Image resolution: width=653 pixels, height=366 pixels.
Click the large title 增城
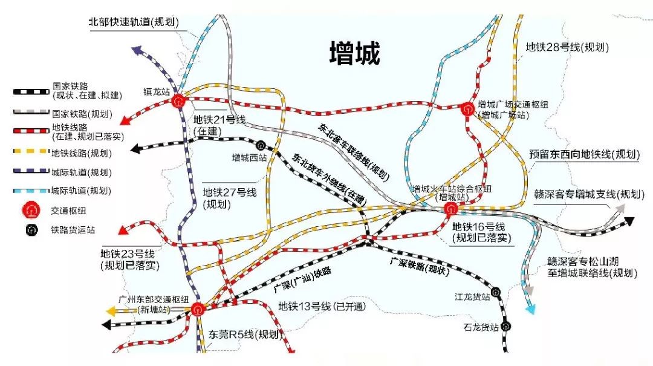click(355, 53)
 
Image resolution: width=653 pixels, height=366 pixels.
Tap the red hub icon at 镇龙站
click(178, 100)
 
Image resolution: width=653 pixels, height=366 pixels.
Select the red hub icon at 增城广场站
click(467, 109)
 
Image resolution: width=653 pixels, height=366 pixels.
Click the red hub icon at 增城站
click(450, 209)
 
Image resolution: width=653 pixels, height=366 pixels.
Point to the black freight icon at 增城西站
click(261, 145)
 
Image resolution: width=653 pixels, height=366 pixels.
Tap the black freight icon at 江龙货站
click(496, 292)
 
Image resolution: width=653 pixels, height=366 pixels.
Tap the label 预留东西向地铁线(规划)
click(584, 155)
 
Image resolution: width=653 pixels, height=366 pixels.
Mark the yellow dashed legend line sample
click(31, 152)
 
